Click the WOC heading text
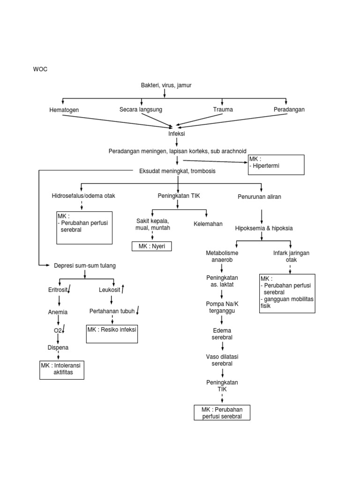[x=40, y=69]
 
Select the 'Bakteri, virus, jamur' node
[x=166, y=85]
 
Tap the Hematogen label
[x=64, y=110]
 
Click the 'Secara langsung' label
[x=141, y=109]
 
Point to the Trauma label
[x=223, y=109]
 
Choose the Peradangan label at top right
[x=289, y=109]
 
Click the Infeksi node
[x=177, y=134]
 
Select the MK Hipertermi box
[x=277, y=165]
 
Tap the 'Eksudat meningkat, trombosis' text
[x=177, y=171]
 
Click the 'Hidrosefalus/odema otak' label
[x=83, y=196]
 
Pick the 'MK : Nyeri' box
[x=151, y=246]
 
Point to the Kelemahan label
[x=208, y=224]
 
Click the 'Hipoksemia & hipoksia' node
[x=264, y=228]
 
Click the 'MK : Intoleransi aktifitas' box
[x=63, y=369]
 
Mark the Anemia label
[x=58, y=312]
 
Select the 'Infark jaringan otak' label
[x=291, y=256]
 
